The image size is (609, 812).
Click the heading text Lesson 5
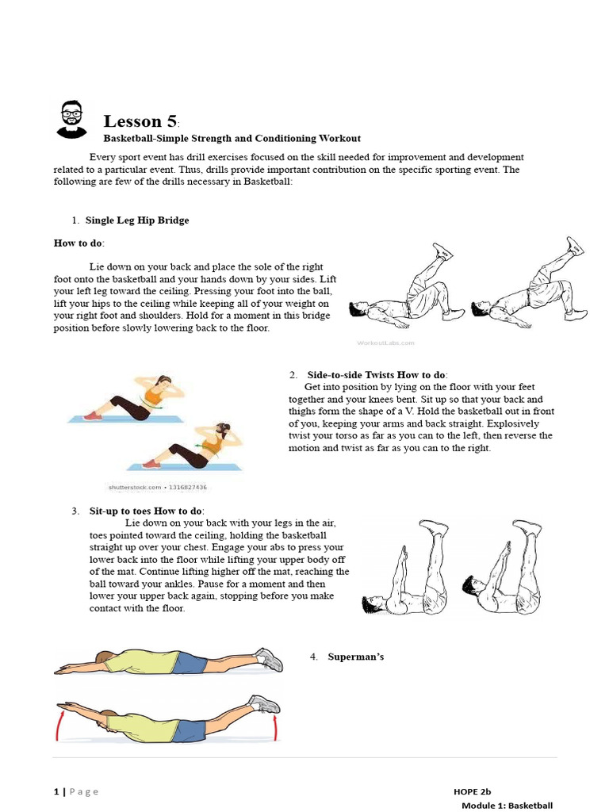point(141,121)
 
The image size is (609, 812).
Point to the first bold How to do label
point(79,243)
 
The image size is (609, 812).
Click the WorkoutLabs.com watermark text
point(385,343)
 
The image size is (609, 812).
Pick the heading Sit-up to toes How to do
point(145,511)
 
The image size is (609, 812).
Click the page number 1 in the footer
point(56,791)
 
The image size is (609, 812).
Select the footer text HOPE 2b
point(472,791)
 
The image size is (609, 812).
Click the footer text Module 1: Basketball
point(507,806)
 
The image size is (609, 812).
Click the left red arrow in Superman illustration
point(58,722)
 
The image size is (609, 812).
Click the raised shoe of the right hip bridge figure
point(574,245)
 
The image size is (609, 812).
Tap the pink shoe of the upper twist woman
point(92,415)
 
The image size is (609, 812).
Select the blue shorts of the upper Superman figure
point(190,663)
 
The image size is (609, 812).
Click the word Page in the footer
point(84,791)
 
